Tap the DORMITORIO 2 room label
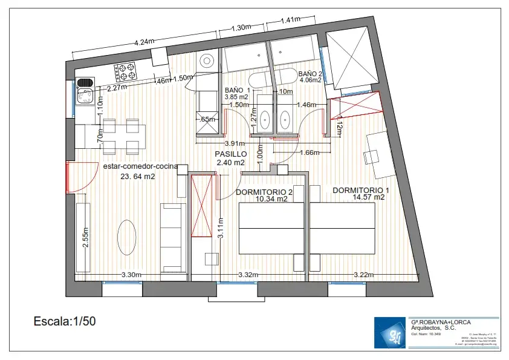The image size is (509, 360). pyautogui.click(x=264, y=192)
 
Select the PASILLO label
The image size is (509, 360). pyautogui.click(x=230, y=154)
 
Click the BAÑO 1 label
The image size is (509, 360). pyautogui.click(x=237, y=90)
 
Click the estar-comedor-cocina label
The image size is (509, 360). pyautogui.click(x=140, y=166)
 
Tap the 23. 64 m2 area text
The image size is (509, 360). pyautogui.click(x=138, y=177)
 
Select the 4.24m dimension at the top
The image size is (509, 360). pyautogui.click(x=144, y=42)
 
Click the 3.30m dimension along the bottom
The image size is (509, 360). pyautogui.click(x=131, y=275)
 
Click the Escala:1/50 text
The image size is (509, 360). pyautogui.click(x=64, y=321)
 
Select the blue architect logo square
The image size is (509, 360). pyautogui.click(x=391, y=333)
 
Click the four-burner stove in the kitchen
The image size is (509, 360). pyautogui.click(x=126, y=72)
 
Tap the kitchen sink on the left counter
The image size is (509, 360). pyautogui.click(x=85, y=96)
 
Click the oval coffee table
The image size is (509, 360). pyautogui.click(x=127, y=237)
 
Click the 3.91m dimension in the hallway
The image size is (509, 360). pyautogui.click(x=234, y=143)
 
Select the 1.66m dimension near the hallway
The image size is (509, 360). pyautogui.click(x=309, y=152)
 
